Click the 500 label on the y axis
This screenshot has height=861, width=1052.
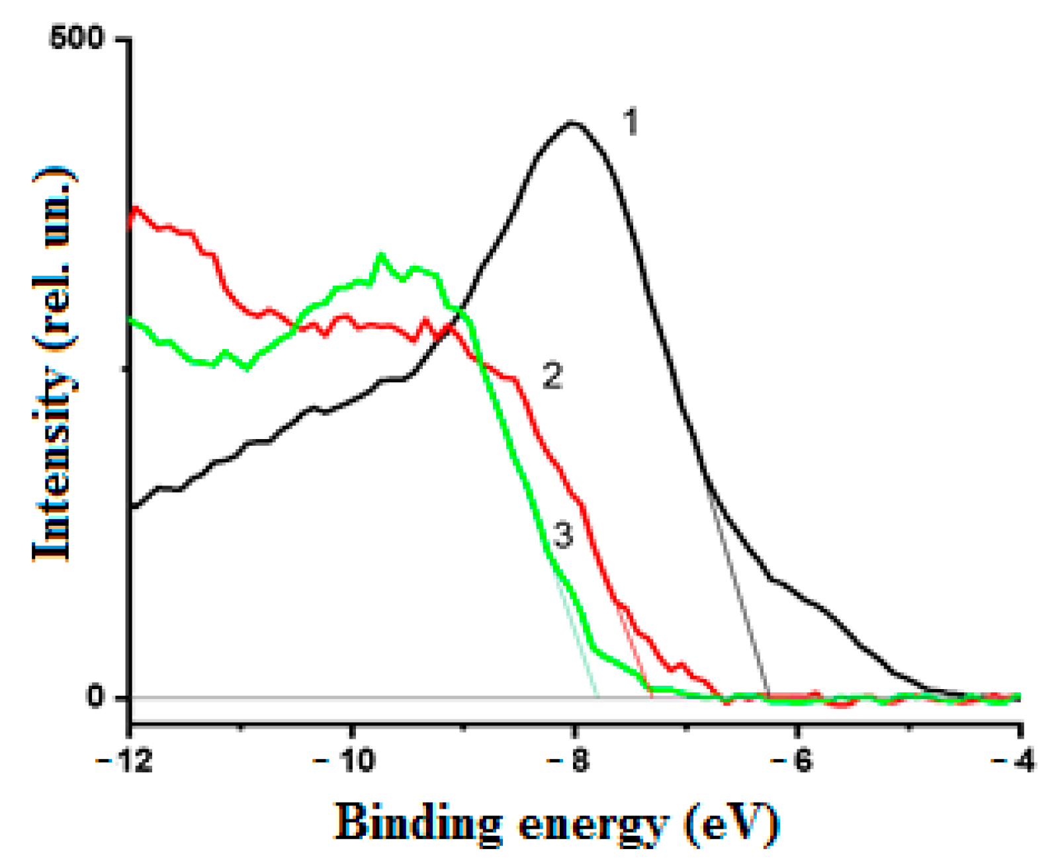coord(76,39)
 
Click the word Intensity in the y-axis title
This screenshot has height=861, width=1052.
coord(53,463)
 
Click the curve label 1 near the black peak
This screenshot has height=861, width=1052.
coord(631,123)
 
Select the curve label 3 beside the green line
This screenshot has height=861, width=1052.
coord(562,534)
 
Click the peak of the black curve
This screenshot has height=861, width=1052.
coord(572,123)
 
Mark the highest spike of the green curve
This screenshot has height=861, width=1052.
coord(380,255)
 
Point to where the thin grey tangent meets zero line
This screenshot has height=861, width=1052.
coord(768,697)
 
